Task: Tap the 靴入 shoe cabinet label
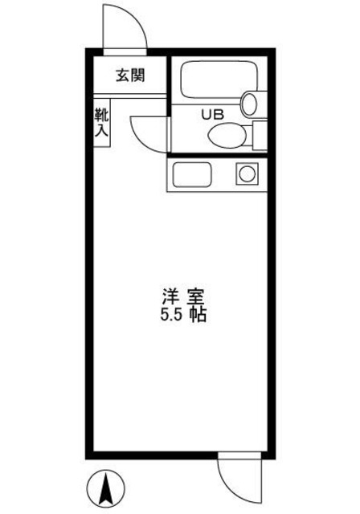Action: tap(102, 124)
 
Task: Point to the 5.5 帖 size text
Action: tap(184, 314)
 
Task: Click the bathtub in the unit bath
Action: tap(215, 81)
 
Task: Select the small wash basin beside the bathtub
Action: tap(252, 103)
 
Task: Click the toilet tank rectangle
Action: tap(260, 134)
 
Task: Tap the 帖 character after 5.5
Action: tap(198, 314)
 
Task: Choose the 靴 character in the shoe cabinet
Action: tap(102, 115)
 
